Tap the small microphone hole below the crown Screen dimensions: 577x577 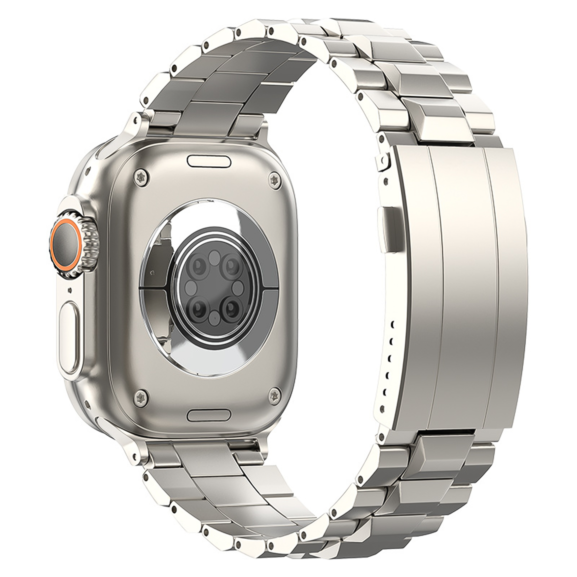[x=70, y=289]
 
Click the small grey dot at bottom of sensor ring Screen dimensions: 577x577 [x=214, y=317]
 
